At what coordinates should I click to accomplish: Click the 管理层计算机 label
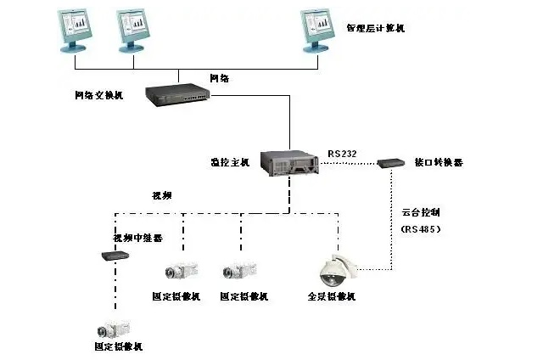point(375,28)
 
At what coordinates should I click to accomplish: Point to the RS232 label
point(342,154)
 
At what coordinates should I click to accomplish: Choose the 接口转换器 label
point(439,162)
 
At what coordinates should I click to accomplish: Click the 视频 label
point(161,195)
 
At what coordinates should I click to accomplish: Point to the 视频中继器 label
point(132,238)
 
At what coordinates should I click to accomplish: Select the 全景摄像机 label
point(331,296)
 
